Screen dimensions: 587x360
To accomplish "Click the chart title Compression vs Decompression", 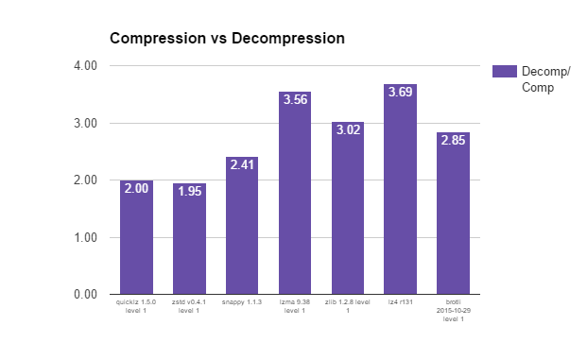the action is [227, 38].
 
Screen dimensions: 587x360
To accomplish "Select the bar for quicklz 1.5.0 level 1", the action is [137, 237].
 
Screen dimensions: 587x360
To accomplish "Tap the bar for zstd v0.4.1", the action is [189, 239].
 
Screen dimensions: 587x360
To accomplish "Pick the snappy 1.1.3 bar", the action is [242, 226].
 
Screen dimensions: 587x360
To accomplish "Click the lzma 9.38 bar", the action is [295, 193].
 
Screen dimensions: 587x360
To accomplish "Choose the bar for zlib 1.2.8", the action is [348, 208].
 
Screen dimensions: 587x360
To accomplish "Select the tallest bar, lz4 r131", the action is [400, 189].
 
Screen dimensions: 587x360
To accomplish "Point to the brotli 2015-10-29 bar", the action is [453, 214].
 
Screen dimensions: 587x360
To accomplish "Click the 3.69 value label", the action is [400, 92].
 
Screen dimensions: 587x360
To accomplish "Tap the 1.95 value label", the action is [189, 191].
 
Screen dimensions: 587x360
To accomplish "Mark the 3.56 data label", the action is [295, 99].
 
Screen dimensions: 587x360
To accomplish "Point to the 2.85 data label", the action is [453, 141].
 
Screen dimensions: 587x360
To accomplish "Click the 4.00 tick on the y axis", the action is [85, 66].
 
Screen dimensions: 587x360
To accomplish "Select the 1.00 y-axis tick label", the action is [85, 237].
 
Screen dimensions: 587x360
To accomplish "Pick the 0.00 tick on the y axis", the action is [85, 295].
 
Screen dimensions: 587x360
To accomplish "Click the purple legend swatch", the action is [504, 71].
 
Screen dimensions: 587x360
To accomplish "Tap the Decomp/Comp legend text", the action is [545, 79].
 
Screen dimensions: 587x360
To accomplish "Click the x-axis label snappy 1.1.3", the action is [242, 302].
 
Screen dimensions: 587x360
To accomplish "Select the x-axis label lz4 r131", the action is [400, 302].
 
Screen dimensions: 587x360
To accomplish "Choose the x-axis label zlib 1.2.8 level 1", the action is [348, 306].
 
